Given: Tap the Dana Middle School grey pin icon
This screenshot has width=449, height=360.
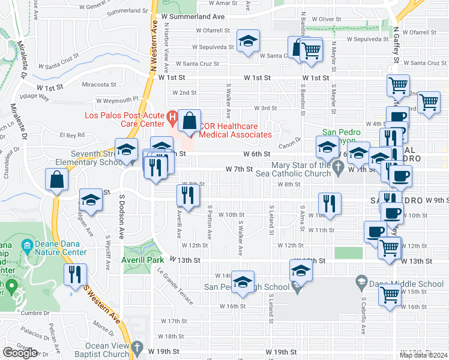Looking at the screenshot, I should (361, 280).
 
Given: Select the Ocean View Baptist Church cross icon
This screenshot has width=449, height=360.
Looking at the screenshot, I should (137, 347).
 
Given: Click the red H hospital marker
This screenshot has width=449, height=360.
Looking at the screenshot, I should (172, 116).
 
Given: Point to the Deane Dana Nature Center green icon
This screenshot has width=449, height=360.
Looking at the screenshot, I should (26, 245).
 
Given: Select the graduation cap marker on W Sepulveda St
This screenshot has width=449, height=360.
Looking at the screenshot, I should (248, 41).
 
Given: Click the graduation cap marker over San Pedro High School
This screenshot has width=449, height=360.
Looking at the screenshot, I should (242, 282).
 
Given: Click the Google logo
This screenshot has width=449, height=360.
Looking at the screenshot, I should (20, 353).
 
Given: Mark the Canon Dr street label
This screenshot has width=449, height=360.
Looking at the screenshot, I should (289, 144).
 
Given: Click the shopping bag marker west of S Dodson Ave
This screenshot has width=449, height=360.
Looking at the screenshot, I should (56, 179).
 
